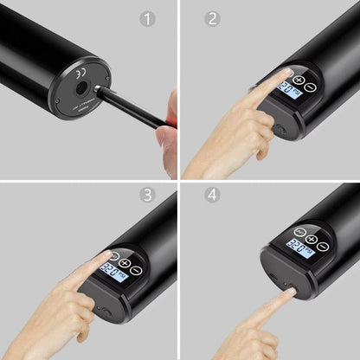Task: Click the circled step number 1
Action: (x=148, y=18)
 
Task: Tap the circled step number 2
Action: (x=212, y=18)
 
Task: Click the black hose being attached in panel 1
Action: (x=130, y=106)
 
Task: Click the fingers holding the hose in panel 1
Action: (x=168, y=130)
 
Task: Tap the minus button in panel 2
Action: (x=311, y=87)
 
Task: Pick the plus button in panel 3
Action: (x=125, y=263)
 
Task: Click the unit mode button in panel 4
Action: (x=299, y=232)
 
